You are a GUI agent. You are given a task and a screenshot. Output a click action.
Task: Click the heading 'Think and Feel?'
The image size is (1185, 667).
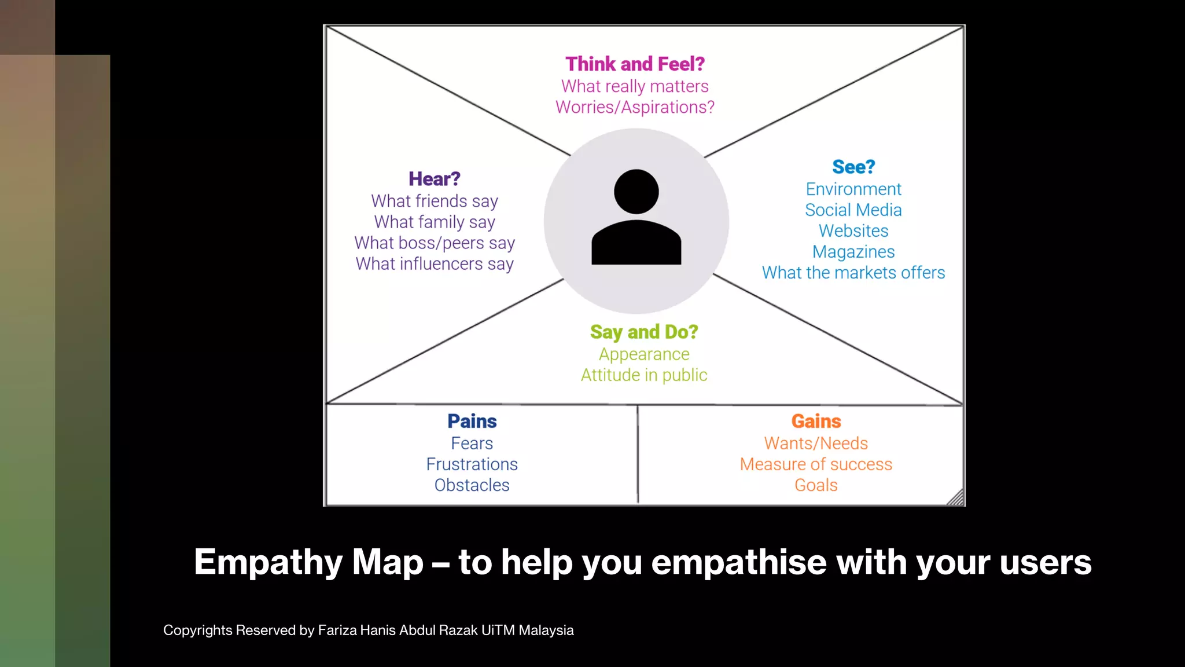pyautogui.click(x=635, y=64)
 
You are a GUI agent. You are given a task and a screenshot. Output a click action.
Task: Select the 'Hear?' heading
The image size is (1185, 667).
pyautogui.click(x=435, y=179)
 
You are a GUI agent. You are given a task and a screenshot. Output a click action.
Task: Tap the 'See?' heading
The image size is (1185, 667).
pyautogui.click(x=853, y=167)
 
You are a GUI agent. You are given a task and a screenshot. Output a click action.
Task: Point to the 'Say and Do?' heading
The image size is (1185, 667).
pyautogui.click(x=644, y=332)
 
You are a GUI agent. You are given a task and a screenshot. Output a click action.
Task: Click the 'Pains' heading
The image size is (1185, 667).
pyautogui.click(x=472, y=421)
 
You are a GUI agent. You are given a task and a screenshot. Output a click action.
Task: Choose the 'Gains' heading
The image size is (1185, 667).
pyautogui.click(x=816, y=421)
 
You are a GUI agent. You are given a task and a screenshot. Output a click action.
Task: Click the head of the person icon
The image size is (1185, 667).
pyautogui.click(x=636, y=192)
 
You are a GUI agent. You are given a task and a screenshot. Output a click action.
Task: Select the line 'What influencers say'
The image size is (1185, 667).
pyautogui.click(x=435, y=264)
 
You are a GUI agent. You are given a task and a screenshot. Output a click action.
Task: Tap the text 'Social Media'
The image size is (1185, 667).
pyautogui.click(x=853, y=210)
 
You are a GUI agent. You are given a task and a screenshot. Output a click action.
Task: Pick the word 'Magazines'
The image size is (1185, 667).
pyautogui.click(x=853, y=252)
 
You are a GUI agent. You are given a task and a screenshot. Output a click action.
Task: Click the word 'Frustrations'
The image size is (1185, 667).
pyautogui.click(x=472, y=464)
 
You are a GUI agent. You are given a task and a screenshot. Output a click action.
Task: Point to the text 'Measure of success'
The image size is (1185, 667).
pyautogui.click(x=816, y=464)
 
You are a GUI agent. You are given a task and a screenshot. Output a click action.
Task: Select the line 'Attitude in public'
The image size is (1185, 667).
pyautogui.click(x=644, y=375)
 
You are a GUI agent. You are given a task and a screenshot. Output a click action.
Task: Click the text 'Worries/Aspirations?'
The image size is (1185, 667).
pyautogui.click(x=635, y=107)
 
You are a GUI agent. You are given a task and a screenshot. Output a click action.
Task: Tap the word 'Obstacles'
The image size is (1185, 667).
pyautogui.click(x=472, y=485)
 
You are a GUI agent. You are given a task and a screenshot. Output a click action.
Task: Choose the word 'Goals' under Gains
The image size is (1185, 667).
pyautogui.click(x=816, y=485)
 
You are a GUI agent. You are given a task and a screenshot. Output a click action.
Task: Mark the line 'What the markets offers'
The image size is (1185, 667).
pyautogui.click(x=853, y=273)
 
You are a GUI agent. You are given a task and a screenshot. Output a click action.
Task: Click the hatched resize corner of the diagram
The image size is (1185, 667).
pyautogui.click(x=956, y=498)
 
